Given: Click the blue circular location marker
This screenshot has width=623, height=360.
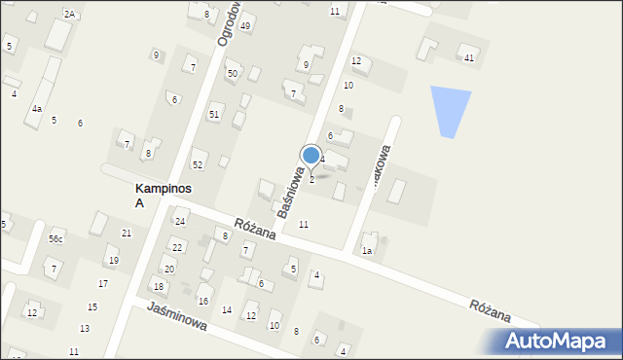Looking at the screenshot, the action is [311, 155].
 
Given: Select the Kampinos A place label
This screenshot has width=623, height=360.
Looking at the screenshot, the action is [139, 195].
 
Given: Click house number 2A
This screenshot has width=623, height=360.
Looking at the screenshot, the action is [69, 14].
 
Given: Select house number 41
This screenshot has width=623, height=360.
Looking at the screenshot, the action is [469, 59].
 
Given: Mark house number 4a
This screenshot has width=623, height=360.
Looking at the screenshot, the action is [37, 109].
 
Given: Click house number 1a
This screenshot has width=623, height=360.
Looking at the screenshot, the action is [367, 251].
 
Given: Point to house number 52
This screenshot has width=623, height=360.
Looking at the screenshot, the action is [198, 164].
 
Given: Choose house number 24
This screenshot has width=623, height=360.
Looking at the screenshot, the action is [180, 222].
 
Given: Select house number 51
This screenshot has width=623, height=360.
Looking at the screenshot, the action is [214, 115].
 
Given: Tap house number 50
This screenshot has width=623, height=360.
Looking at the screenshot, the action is [233, 74].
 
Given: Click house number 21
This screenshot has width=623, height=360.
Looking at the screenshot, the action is [126, 234].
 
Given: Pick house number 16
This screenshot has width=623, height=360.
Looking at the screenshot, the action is [202, 302].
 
